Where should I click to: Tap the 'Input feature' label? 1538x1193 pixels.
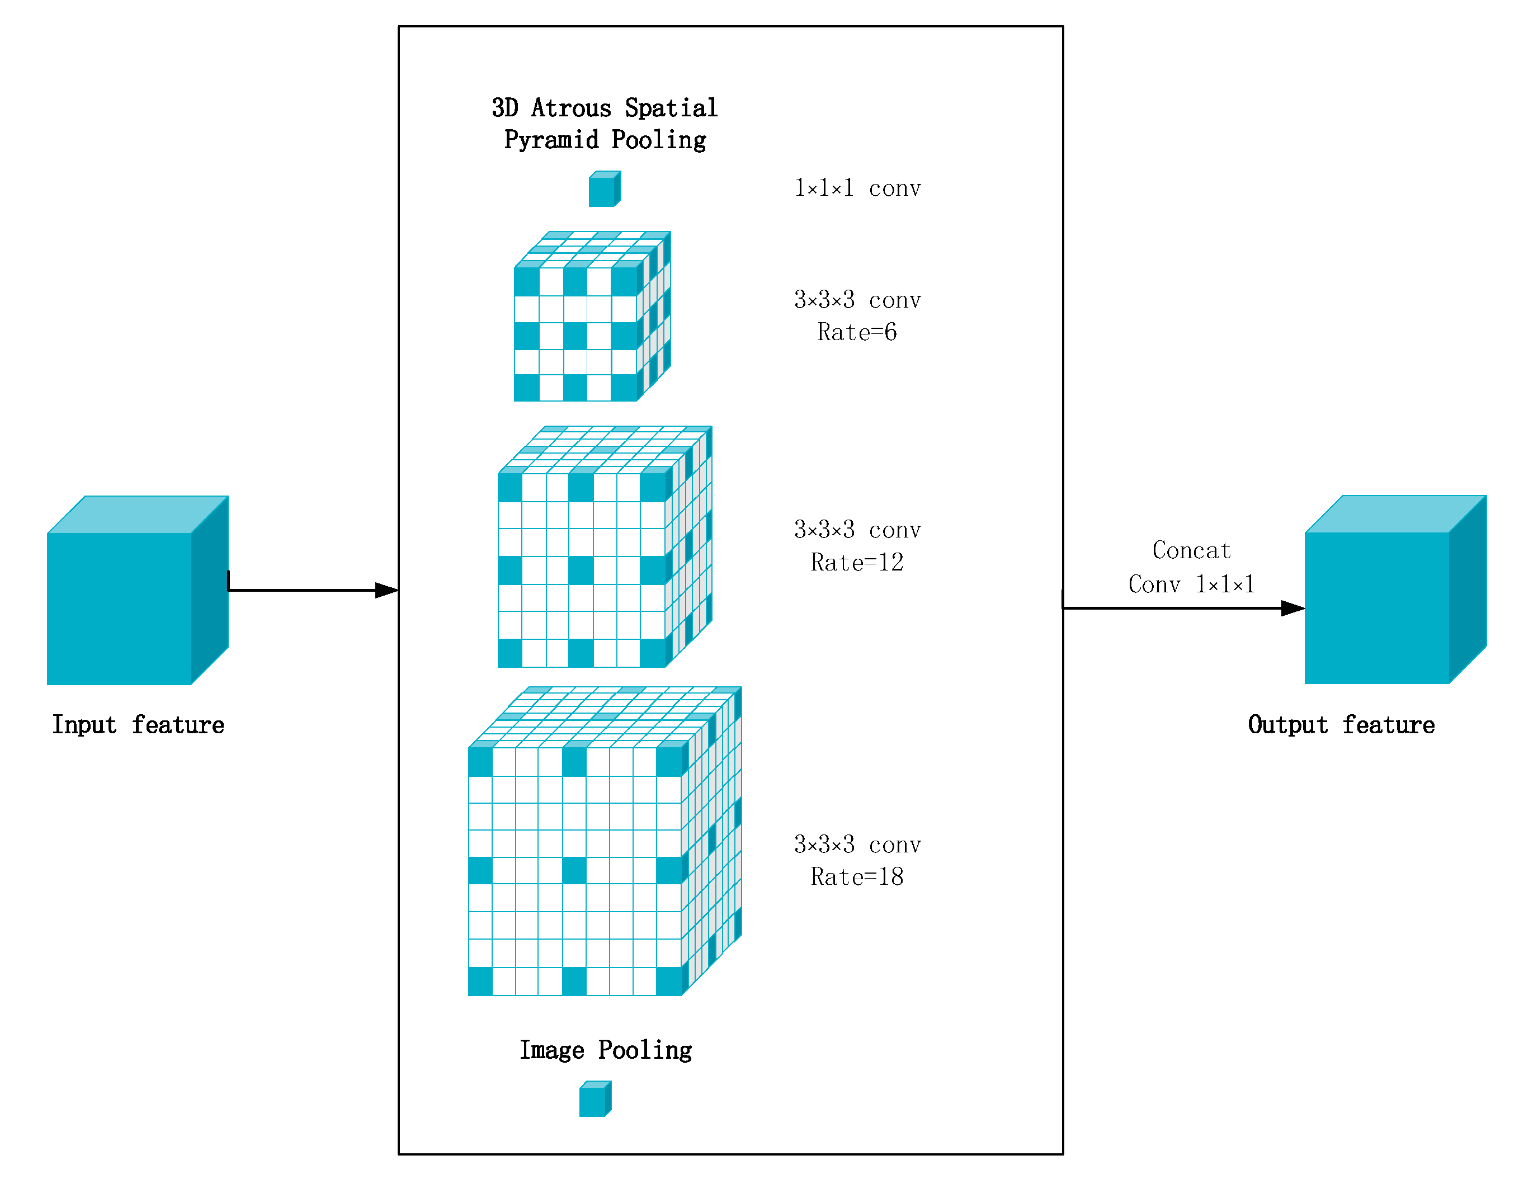point(138,725)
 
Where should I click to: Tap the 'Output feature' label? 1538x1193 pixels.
point(1341,725)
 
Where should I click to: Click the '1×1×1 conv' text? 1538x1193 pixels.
point(857,188)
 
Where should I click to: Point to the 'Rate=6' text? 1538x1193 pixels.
point(857,332)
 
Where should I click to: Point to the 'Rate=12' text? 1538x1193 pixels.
point(857,562)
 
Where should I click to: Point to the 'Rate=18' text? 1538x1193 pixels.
point(857,877)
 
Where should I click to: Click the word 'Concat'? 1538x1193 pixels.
point(1191,550)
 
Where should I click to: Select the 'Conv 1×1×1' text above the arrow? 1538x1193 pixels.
point(1191,584)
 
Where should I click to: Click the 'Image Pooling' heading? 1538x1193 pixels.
point(606,1050)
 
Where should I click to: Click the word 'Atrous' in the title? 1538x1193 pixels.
point(570,108)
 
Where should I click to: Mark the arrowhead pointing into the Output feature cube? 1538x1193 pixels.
point(1293,609)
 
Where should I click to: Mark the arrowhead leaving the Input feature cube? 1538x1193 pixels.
point(386,590)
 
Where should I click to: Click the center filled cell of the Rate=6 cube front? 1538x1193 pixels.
point(575,336)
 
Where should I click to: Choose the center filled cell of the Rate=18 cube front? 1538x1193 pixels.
point(574,870)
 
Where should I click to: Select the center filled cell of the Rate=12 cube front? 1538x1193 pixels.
point(581,570)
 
